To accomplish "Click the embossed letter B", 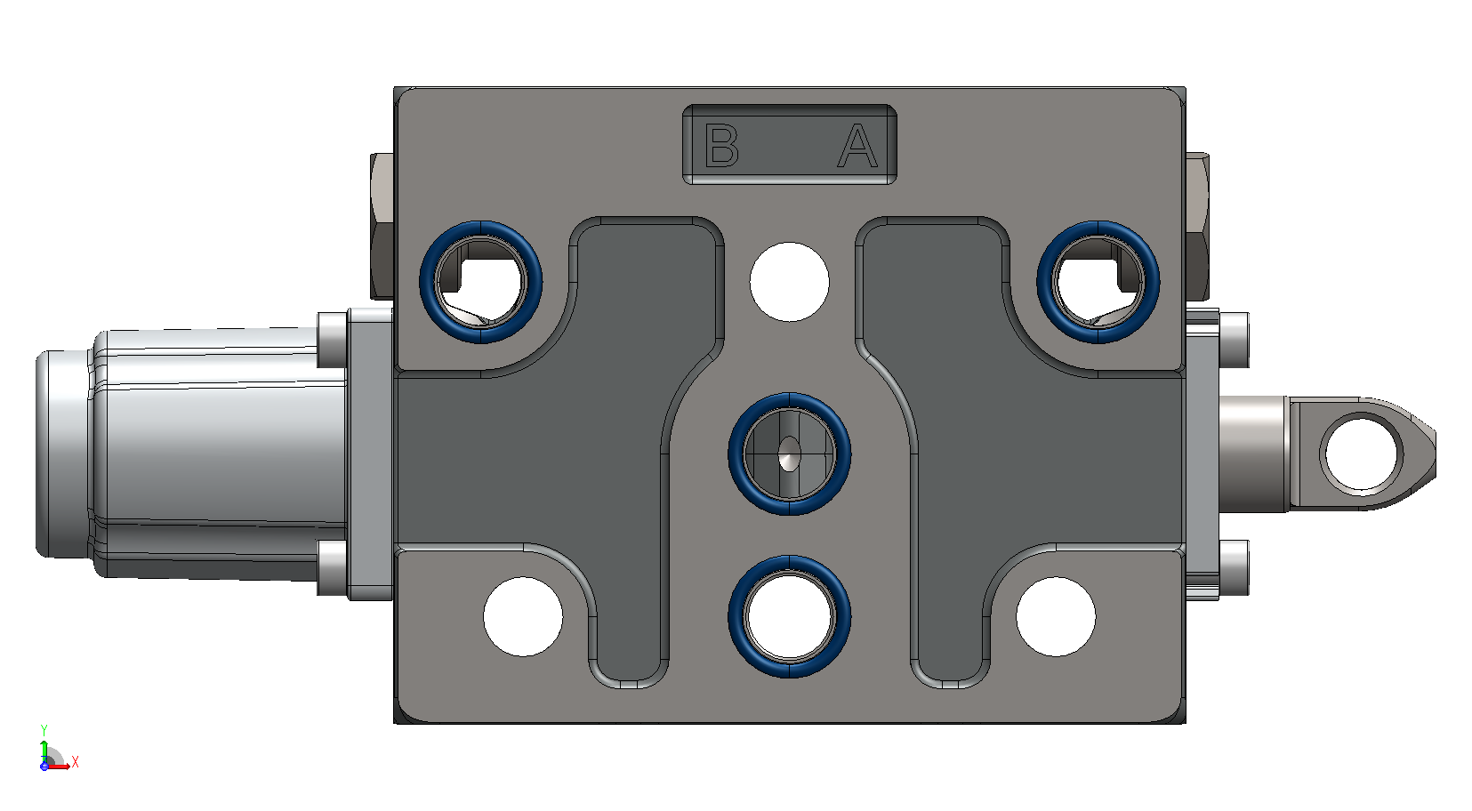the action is tap(721, 145).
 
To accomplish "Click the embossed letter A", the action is tap(857, 146).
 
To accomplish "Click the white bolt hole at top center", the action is tap(789, 282).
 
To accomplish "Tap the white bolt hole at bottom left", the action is tap(523, 616).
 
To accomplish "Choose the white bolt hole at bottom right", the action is tap(1056, 616).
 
